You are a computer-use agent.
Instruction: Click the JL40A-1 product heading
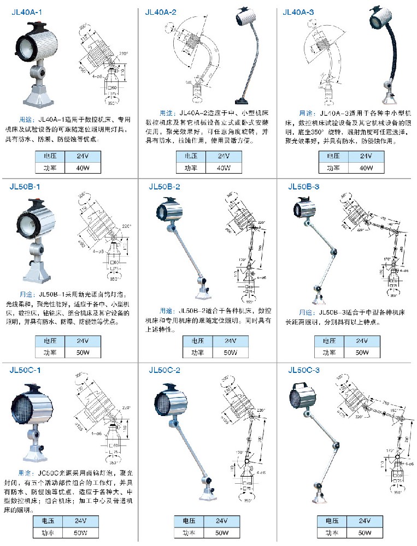point(26,12)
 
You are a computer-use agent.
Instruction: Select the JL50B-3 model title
point(304,187)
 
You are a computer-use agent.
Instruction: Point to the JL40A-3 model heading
point(301,11)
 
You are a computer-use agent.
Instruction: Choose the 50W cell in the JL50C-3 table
point(360,532)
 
